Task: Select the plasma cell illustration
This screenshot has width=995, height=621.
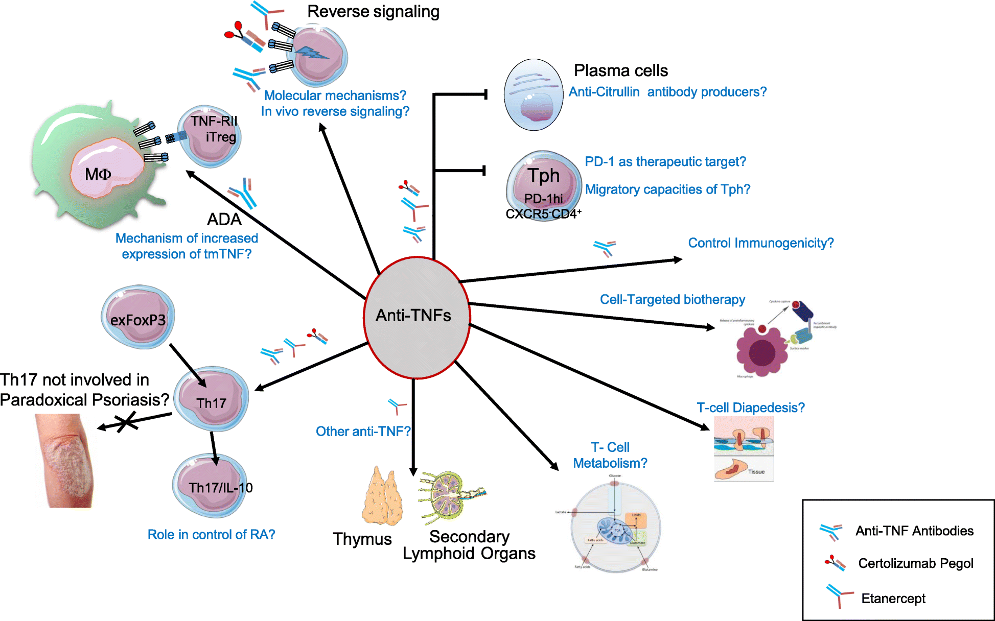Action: click(x=533, y=95)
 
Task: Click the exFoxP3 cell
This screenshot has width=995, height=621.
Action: click(x=138, y=317)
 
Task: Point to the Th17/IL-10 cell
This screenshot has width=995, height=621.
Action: click(x=211, y=485)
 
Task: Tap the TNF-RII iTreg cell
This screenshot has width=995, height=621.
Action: click(x=210, y=136)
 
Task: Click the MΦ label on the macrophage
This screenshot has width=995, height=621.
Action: click(x=98, y=175)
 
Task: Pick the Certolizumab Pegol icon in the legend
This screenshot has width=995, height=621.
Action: click(x=835, y=563)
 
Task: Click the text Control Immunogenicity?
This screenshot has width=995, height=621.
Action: click(x=760, y=243)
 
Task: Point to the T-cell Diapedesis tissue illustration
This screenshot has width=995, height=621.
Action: click(x=744, y=449)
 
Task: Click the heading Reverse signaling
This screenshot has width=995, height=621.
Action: click(x=373, y=12)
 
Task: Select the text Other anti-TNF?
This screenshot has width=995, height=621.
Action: click(x=363, y=432)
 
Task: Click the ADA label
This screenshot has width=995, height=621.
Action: click(x=224, y=220)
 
